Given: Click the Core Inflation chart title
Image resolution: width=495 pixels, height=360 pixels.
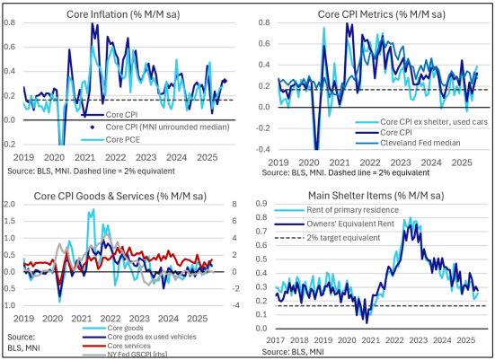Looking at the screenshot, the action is (x=123, y=14).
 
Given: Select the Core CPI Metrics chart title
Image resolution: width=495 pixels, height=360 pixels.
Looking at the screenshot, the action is (x=381, y=14).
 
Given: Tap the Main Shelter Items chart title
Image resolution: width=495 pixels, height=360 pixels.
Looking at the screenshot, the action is (x=376, y=196).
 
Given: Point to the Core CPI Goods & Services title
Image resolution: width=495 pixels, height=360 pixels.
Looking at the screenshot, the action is (x=120, y=197).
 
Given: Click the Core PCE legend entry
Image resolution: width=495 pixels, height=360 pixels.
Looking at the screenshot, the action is (x=110, y=139).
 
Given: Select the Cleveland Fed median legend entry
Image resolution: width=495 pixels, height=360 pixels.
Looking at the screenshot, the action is (x=408, y=143).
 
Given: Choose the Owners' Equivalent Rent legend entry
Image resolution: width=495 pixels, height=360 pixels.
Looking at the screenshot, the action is (x=334, y=224).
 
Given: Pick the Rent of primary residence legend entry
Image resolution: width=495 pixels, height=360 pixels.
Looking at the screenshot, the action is (x=337, y=210).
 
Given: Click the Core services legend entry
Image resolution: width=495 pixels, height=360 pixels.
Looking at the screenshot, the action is (x=116, y=346).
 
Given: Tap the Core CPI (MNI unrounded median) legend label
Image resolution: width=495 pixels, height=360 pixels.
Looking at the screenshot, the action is (x=167, y=127).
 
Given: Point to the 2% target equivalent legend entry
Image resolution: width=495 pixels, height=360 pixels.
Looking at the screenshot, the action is (x=328, y=238).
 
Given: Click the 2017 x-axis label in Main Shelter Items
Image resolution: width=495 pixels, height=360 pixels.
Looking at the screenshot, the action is (x=275, y=340).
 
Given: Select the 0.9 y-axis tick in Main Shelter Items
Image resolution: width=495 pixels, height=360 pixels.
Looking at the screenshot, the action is (x=261, y=204).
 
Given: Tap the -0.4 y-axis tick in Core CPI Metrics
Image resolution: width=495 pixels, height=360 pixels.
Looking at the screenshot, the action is (x=264, y=149).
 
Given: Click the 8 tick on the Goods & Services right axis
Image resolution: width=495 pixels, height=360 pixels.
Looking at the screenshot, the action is (x=234, y=204).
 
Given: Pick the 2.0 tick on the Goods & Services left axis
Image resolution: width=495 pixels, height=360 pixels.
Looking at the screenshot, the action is (x=9, y=204).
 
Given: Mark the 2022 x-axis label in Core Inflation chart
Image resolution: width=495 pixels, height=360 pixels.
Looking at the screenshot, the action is (x=116, y=157).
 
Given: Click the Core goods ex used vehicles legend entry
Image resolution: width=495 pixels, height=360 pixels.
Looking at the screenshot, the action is (x=139, y=337).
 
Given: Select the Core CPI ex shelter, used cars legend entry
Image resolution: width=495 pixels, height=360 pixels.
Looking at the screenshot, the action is (x=421, y=122).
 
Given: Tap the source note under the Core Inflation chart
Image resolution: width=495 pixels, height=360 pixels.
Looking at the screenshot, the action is (x=92, y=171).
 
